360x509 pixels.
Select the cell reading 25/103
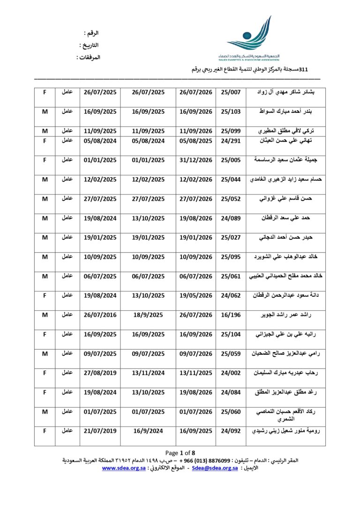231,112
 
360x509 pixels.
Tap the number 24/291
231,140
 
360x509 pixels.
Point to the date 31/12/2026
196,160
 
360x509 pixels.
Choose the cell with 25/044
231,180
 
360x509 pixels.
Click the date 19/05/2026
196,295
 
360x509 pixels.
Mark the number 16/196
231,315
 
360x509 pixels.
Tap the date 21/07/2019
100,430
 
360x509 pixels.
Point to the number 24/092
231,430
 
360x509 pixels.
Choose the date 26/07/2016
100,315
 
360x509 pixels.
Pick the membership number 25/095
231,256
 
